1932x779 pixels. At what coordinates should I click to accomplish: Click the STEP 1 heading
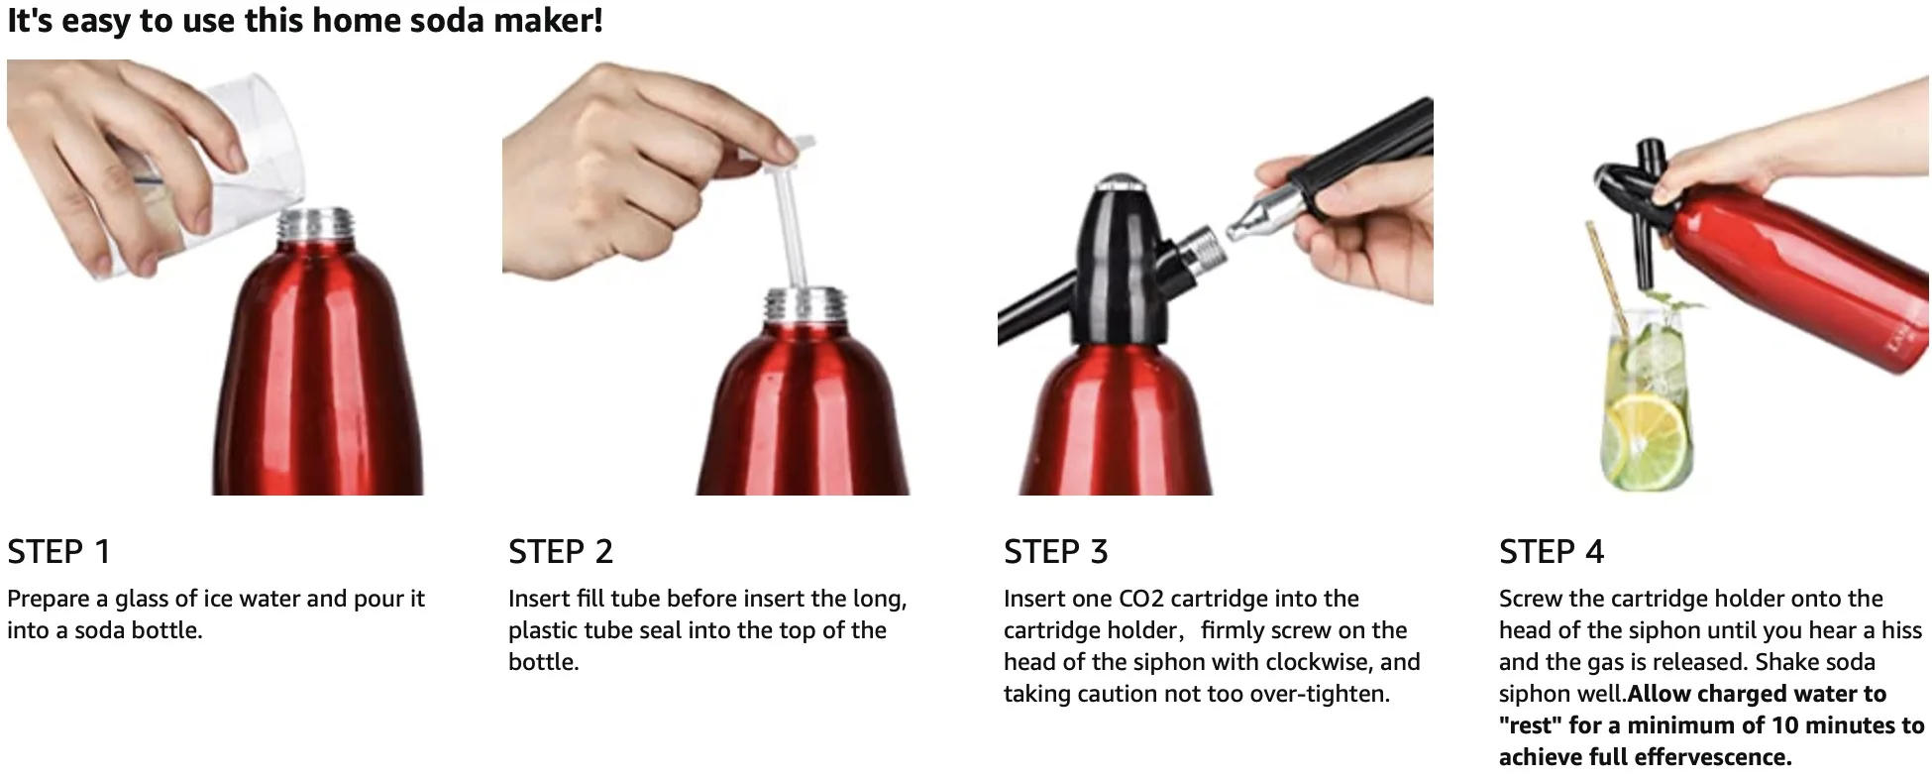click(x=58, y=551)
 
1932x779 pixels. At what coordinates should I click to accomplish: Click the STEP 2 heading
click(x=561, y=551)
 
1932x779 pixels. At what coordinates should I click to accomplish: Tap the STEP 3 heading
click(x=1055, y=551)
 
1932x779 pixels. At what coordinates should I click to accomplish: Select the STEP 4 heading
click(x=1551, y=551)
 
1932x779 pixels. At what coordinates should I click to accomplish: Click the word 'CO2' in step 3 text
click(x=1143, y=599)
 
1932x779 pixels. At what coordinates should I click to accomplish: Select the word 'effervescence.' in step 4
click(x=1713, y=757)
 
